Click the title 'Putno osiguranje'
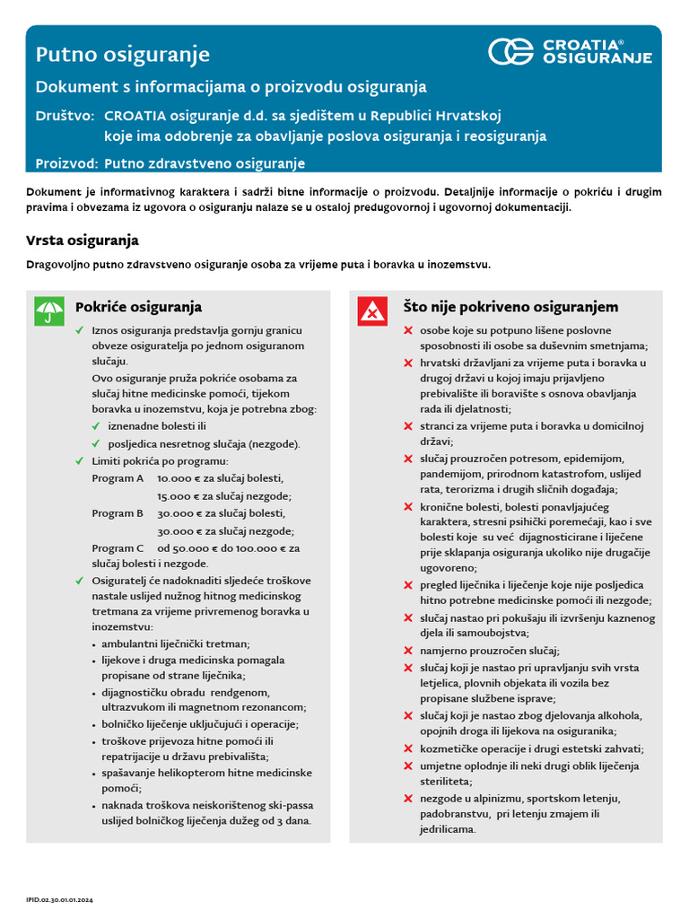(x=123, y=55)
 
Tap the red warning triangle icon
(x=372, y=311)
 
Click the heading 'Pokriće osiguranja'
(x=138, y=307)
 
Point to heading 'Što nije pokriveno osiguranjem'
(x=510, y=307)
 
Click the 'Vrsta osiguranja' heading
(x=83, y=241)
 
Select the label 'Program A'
(x=118, y=478)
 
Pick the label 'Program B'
(x=118, y=513)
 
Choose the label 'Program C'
(x=118, y=547)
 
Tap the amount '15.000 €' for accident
(x=177, y=495)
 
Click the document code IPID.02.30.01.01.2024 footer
(x=60, y=898)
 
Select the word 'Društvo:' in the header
(x=65, y=116)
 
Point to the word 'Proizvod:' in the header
(x=67, y=163)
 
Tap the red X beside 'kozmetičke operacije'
(x=407, y=748)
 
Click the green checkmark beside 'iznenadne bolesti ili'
(x=96, y=426)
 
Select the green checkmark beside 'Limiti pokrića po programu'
(x=80, y=460)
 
